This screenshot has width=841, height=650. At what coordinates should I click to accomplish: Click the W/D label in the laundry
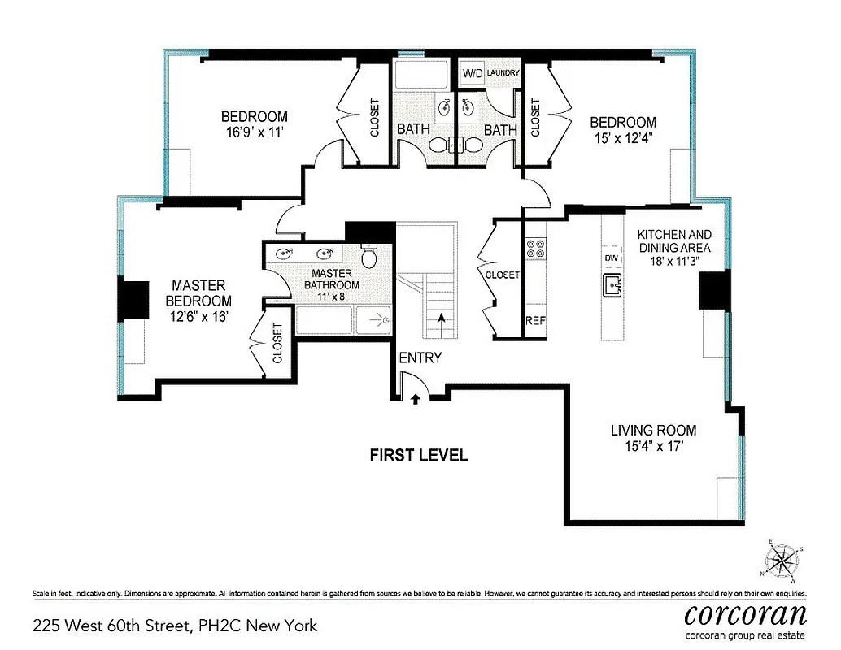click(473, 73)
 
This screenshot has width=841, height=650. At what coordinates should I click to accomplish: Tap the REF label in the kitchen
click(535, 320)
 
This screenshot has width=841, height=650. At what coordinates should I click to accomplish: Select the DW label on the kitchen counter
click(612, 258)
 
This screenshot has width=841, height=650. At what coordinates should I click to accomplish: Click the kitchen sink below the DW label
click(612, 285)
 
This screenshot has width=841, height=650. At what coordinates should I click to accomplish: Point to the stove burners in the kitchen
click(535, 248)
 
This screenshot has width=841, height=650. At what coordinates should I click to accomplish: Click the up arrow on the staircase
click(442, 319)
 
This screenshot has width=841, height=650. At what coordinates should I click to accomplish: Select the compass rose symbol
click(782, 561)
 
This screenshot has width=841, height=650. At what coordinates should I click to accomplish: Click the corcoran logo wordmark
click(745, 613)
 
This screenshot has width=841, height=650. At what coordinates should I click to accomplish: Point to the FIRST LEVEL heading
click(419, 455)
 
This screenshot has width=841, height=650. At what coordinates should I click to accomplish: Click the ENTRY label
click(420, 357)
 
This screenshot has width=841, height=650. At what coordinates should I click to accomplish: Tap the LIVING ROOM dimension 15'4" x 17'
click(653, 445)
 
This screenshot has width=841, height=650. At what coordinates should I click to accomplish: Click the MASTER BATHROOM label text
click(332, 279)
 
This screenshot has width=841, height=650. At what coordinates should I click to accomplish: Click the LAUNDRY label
click(503, 73)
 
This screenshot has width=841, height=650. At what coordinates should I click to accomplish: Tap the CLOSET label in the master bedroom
click(278, 343)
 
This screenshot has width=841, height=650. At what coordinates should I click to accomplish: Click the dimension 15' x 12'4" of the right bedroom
click(623, 138)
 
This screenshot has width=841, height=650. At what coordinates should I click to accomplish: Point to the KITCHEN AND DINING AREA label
click(674, 240)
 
